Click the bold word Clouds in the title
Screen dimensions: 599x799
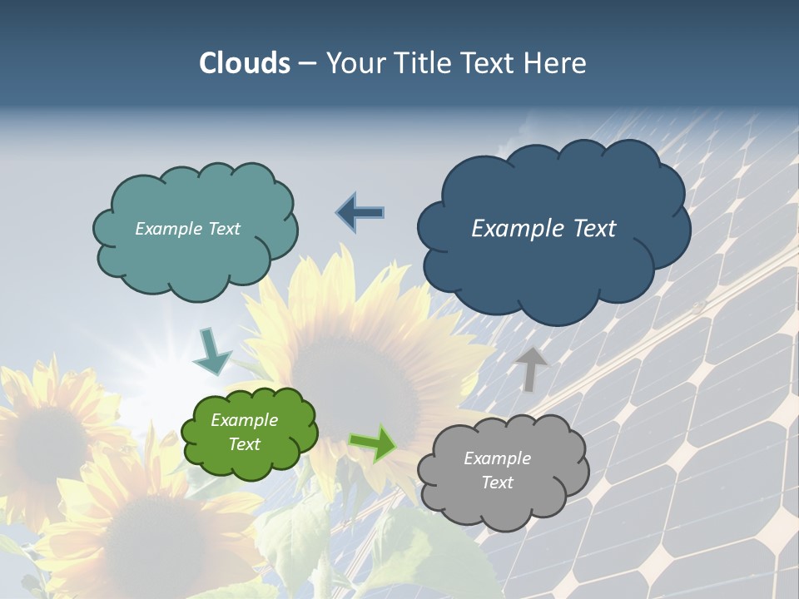tap(245, 63)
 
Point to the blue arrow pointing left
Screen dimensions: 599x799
tap(360, 212)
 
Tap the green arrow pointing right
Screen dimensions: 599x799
tap(372, 443)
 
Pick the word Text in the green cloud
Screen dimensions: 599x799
tap(245, 444)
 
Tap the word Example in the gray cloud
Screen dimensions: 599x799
tap(497, 458)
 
